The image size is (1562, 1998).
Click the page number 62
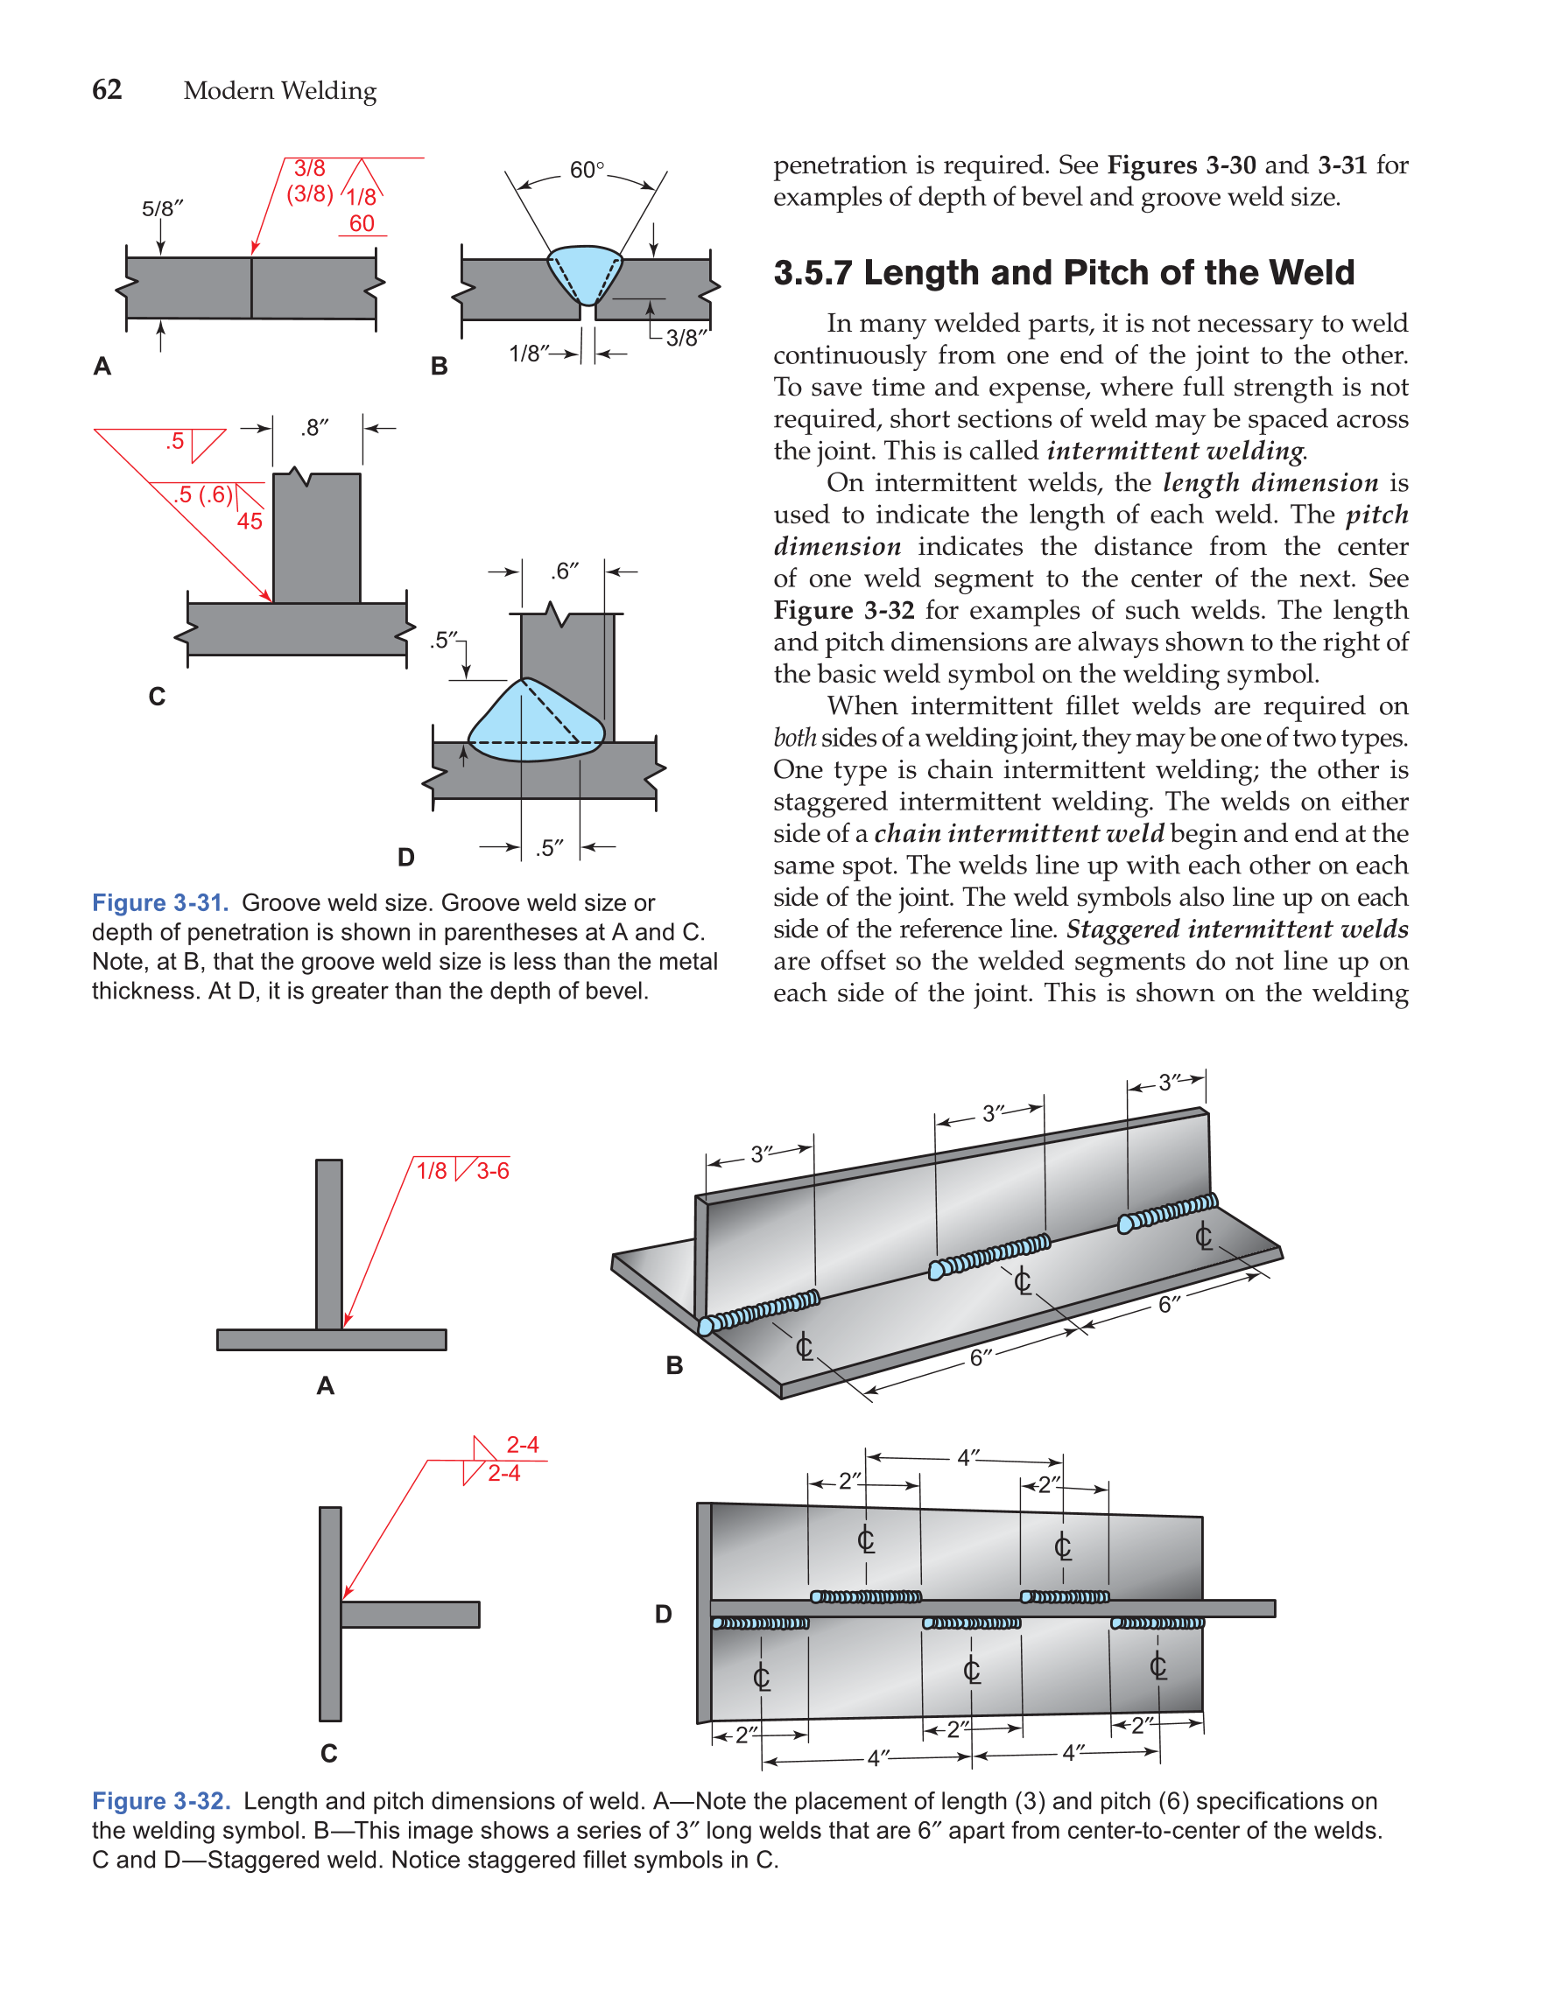106,89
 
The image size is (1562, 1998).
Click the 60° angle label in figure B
587,170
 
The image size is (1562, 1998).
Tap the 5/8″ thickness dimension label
162,208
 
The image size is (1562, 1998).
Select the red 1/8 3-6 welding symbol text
462,1171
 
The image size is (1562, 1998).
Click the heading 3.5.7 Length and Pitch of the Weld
1063,273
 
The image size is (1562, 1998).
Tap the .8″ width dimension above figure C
315,427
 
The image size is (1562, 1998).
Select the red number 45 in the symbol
249,522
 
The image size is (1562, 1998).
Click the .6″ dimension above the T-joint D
565,571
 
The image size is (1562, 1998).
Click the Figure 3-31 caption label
160,903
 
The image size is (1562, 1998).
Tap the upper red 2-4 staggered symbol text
523,1445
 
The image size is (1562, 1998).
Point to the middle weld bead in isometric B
989,1257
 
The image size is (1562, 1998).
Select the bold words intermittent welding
1176,451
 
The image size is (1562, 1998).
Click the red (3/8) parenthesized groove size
309,194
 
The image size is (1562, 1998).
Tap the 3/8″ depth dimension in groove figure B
686,338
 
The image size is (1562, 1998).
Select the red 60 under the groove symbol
362,223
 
